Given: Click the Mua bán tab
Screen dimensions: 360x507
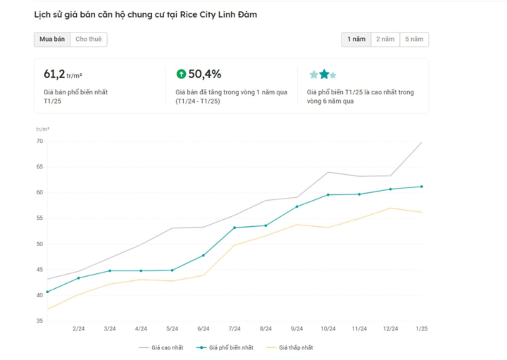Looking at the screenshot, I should coord(52,39).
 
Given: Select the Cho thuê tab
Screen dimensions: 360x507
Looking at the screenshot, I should coord(89,39).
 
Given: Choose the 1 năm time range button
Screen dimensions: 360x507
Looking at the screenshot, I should coord(356,39).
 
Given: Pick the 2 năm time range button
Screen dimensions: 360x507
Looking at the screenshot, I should coord(385,39).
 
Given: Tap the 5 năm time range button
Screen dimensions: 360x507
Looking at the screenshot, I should coord(414,39).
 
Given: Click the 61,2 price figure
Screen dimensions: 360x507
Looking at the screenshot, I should coord(54,73).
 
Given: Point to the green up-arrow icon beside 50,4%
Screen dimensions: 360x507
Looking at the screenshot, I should coord(181,73).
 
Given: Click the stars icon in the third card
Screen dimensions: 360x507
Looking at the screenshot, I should coord(323,74).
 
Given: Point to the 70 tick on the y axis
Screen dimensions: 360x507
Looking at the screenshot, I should coord(40,142).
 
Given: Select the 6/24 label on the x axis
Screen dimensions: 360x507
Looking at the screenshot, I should coord(204,328).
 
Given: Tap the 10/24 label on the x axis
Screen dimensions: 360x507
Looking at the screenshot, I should coord(328,328).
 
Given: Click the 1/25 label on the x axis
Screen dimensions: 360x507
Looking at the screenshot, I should coord(421,328).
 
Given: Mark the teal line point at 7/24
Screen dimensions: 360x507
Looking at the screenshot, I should coord(234,228).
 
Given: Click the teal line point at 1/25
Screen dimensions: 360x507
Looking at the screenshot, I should coord(421,187).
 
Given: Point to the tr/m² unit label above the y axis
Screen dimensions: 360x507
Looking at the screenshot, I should coord(43,130).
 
